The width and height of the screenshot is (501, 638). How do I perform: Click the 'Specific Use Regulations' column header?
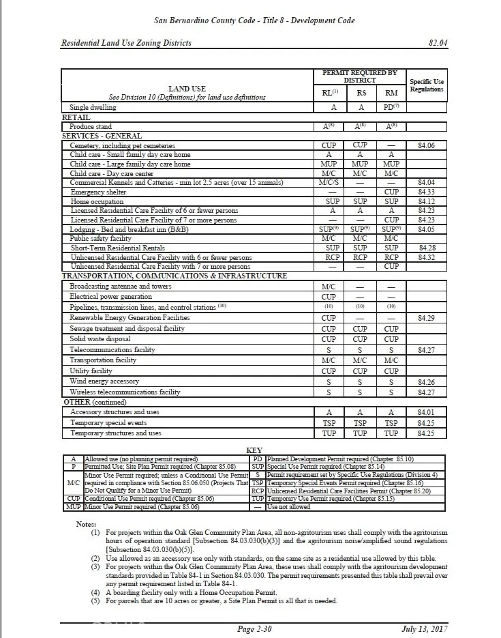click(x=427, y=85)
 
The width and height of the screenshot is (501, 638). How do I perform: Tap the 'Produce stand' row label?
click(x=91, y=126)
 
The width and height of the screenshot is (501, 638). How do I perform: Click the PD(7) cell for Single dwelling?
click(x=391, y=107)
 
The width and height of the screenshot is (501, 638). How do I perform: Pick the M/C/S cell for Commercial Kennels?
click(x=329, y=183)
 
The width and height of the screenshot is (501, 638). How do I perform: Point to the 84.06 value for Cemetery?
click(x=426, y=145)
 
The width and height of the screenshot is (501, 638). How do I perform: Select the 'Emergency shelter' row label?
click(x=97, y=192)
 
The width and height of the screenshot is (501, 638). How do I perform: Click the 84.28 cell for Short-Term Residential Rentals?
click(x=426, y=248)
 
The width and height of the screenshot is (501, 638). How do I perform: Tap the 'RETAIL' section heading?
click(x=76, y=117)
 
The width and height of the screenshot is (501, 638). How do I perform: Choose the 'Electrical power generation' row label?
click(x=111, y=297)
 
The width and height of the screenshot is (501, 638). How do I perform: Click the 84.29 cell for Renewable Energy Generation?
click(x=426, y=318)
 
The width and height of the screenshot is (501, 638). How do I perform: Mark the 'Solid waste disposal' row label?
click(x=100, y=339)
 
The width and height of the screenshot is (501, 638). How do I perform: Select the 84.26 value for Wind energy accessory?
click(x=426, y=382)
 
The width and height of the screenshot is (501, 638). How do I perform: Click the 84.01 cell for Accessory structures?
click(x=426, y=412)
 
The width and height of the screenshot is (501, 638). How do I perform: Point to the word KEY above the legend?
click(x=254, y=450)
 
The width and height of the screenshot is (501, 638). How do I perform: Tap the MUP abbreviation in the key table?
click(x=73, y=507)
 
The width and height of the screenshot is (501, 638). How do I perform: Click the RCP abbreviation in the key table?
click(x=257, y=491)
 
